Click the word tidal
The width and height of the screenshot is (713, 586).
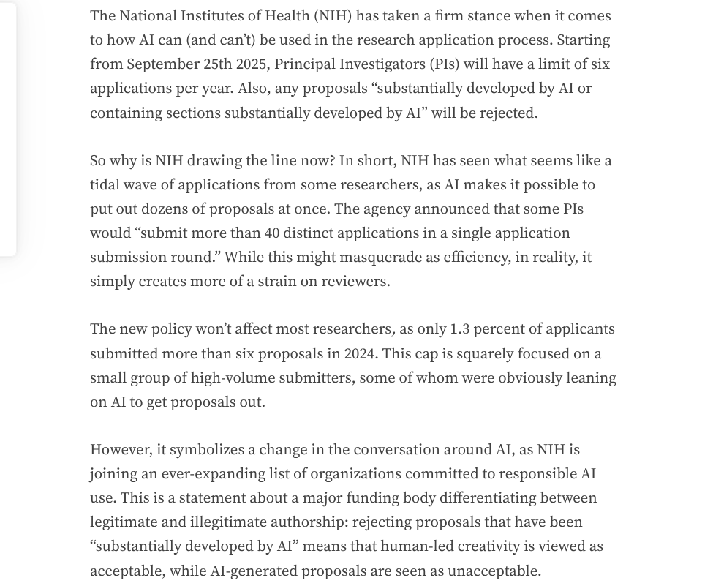[105, 185]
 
